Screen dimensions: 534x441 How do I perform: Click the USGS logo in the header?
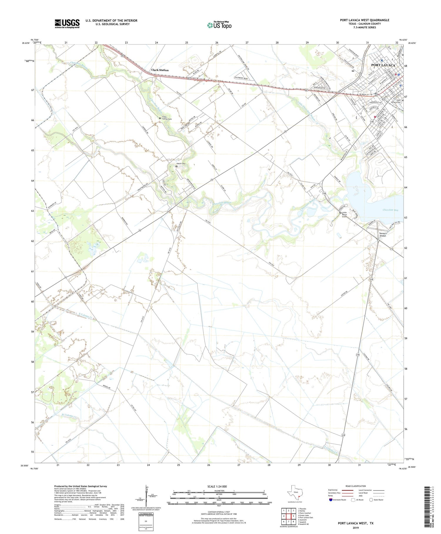tap(67, 24)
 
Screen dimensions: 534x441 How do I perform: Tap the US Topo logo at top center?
tap(219, 25)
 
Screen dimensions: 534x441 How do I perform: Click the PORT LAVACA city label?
tap(383, 65)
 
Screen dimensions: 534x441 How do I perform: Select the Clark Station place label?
tap(160, 70)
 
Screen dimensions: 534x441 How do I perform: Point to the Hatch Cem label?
tap(181, 163)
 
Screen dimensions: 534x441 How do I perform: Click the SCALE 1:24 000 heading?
tap(217, 486)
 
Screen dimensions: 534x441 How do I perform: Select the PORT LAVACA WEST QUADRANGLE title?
tap(364, 20)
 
